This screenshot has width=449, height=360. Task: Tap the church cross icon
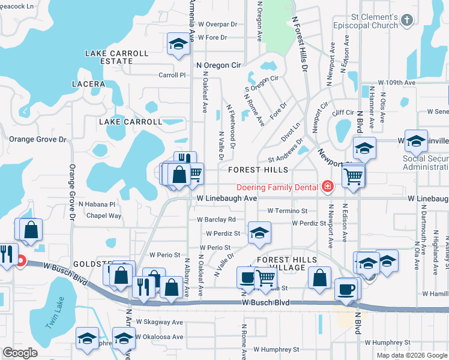coord(407,20)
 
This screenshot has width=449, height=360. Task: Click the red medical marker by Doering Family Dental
coord(327,187)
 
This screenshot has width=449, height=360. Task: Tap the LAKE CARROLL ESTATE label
coord(116,57)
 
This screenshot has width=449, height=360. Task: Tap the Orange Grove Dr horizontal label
coord(37,139)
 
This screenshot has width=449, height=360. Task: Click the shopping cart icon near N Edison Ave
coord(354,176)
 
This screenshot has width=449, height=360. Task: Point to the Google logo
coord(20,353)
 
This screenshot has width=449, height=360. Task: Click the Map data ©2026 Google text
coord(411,355)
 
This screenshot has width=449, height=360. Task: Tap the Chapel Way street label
coord(104,216)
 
